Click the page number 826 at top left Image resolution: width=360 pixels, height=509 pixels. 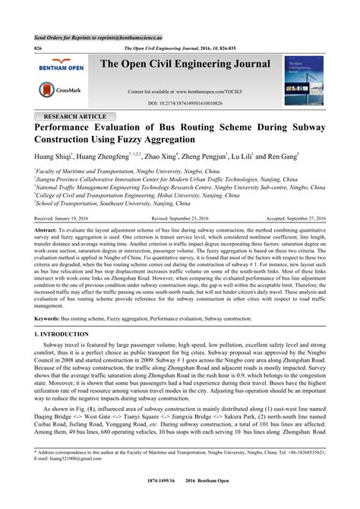(x=38, y=47)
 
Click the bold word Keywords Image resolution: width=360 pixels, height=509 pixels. (x=49, y=318)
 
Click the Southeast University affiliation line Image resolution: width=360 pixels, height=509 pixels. (x=112, y=203)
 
